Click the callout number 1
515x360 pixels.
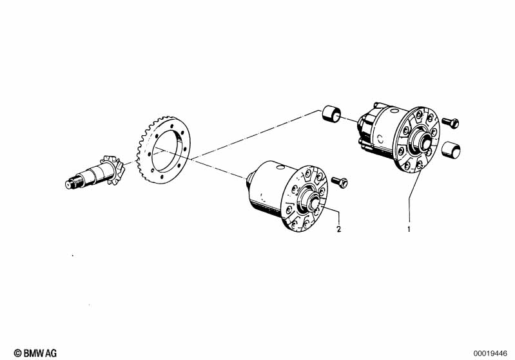pos(409,229)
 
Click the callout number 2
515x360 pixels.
pos(339,229)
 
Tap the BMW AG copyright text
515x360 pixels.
pos(35,353)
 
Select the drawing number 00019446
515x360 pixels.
pos(491,354)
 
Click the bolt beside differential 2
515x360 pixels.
pos(340,182)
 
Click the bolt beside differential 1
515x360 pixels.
pos(451,122)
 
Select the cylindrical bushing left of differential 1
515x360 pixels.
pos(331,114)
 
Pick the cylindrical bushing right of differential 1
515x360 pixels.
pos(451,150)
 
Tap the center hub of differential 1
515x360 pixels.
pos(422,140)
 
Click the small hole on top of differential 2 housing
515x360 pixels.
pos(280,167)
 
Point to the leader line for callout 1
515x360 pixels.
pos(409,197)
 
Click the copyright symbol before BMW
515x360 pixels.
pos(18,353)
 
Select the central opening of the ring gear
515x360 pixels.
pos(169,150)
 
